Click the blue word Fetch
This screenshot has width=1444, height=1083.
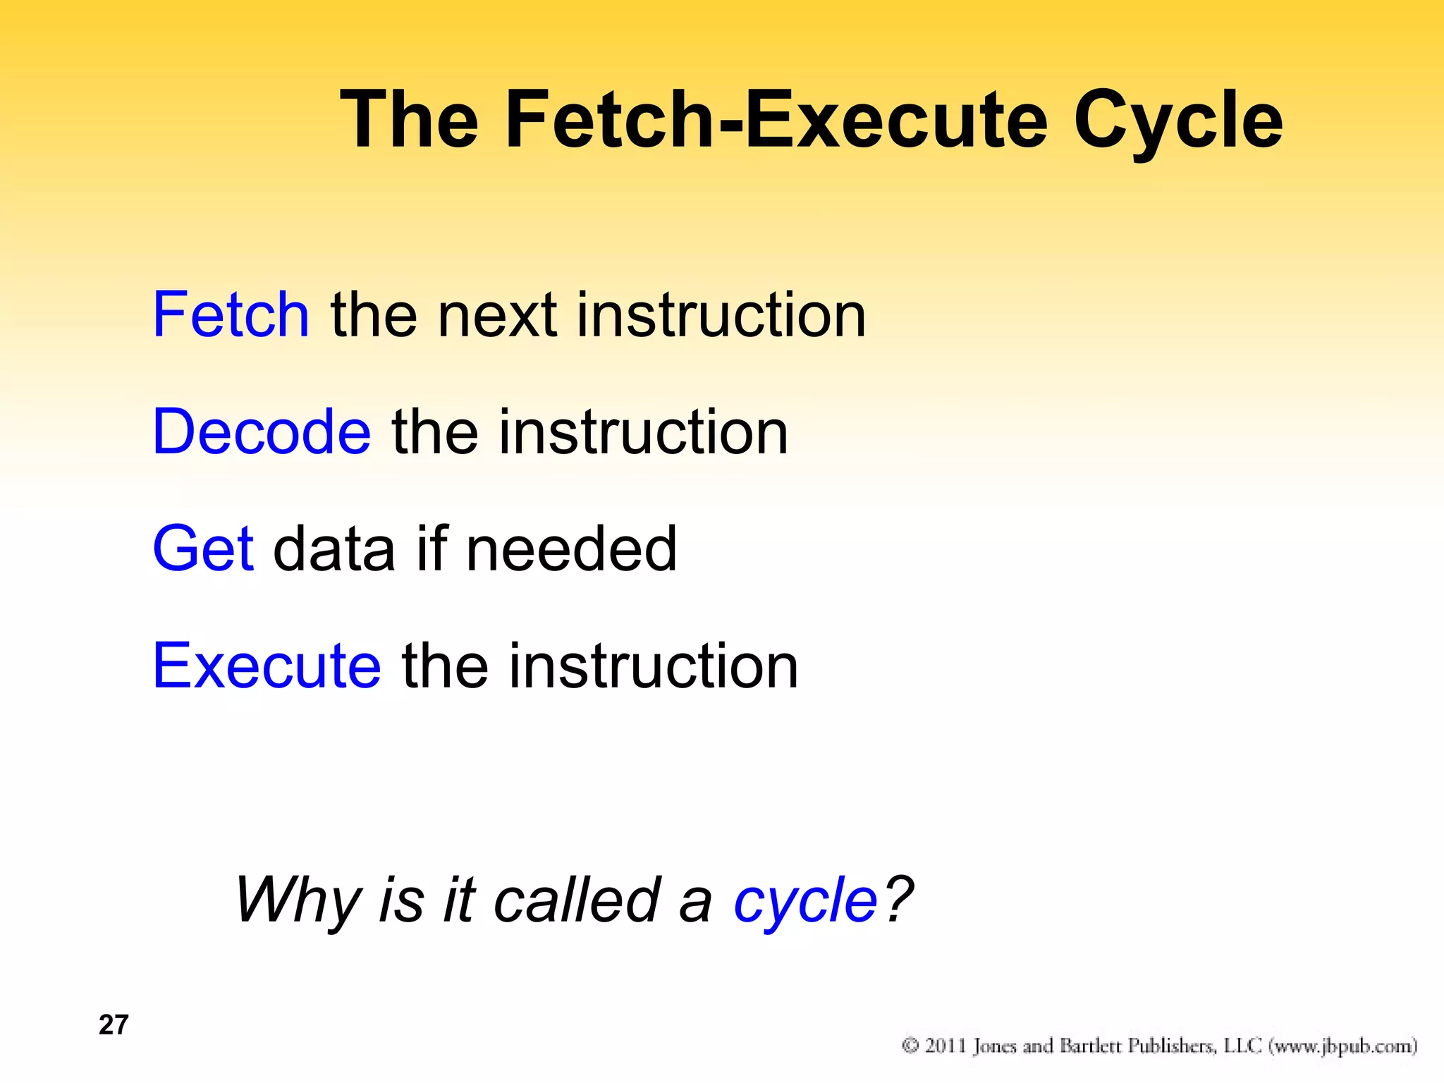(231, 314)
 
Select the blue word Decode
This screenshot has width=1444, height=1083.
(261, 432)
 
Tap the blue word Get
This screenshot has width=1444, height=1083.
(203, 549)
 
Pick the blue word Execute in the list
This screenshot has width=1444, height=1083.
(267, 666)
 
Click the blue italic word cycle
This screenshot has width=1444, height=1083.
(804, 901)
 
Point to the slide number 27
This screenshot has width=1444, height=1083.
(114, 1025)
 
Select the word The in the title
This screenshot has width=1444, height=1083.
(409, 120)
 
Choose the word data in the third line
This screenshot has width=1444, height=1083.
(334, 549)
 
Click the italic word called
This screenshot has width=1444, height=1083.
(576, 901)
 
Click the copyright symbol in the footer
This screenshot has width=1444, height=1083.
(910, 1046)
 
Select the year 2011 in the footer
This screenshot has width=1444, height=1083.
(945, 1046)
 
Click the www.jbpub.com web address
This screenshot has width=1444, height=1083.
(1342, 1046)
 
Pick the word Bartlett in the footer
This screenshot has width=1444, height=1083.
(1091, 1046)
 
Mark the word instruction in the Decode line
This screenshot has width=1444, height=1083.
(643, 432)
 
